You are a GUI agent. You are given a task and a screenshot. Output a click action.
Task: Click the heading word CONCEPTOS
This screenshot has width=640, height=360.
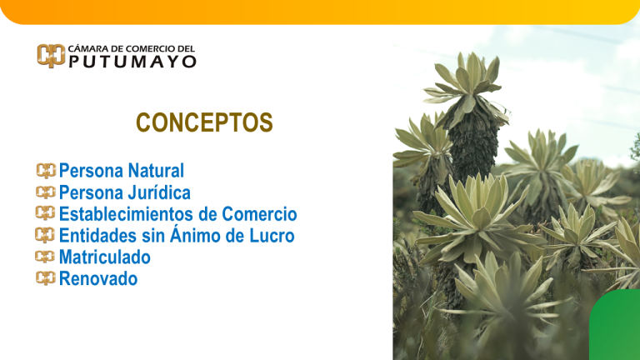coord(204,123)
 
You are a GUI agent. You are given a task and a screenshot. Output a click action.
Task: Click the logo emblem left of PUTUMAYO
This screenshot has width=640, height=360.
coord(50,56)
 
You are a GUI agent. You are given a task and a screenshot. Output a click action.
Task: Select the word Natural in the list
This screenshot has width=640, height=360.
coord(156,172)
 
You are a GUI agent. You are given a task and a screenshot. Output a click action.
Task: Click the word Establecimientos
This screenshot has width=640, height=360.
coord(127,215)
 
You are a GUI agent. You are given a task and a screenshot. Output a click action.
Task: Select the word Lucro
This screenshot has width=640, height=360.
coord(272,237)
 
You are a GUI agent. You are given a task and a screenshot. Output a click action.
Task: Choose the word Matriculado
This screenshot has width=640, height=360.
coord(105,258)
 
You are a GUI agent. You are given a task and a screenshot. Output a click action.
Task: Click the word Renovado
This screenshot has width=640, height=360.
coord(98,279)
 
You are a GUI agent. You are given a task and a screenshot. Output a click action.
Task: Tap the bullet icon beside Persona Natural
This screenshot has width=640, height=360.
coord(46,172)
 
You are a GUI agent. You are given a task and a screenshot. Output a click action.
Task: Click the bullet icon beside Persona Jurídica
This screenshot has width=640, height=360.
coord(46,193)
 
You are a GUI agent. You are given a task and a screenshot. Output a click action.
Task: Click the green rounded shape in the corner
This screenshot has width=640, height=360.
coord(617,329)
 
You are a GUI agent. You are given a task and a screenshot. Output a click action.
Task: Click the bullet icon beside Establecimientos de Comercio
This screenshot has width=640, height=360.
coord(46,215)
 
